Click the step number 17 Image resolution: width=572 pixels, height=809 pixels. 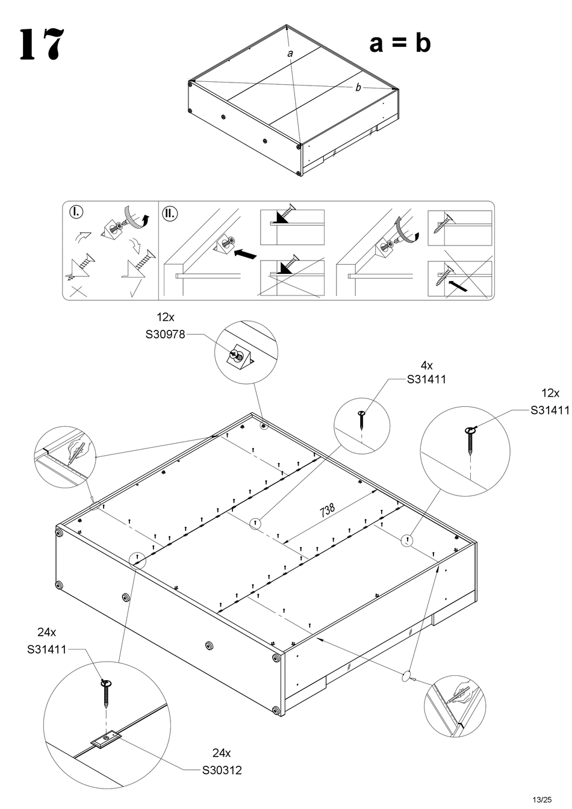click(x=41, y=45)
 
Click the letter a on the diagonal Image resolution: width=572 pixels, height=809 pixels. click(x=290, y=54)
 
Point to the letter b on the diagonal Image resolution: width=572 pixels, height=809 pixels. click(x=358, y=88)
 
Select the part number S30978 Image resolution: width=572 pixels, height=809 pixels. click(x=165, y=335)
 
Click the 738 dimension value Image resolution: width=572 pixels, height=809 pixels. click(x=328, y=510)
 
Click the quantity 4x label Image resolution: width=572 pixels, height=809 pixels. click(x=426, y=365)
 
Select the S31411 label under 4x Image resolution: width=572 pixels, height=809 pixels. click(x=426, y=379)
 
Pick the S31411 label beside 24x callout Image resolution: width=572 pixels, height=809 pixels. click(x=46, y=649)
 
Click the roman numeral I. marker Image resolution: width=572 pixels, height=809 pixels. click(x=76, y=212)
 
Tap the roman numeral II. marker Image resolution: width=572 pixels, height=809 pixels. click(x=170, y=212)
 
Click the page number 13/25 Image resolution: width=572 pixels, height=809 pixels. click(x=542, y=799)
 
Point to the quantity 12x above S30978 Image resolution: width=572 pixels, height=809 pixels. click(x=166, y=317)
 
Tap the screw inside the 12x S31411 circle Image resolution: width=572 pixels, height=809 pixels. click(x=471, y=441)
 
